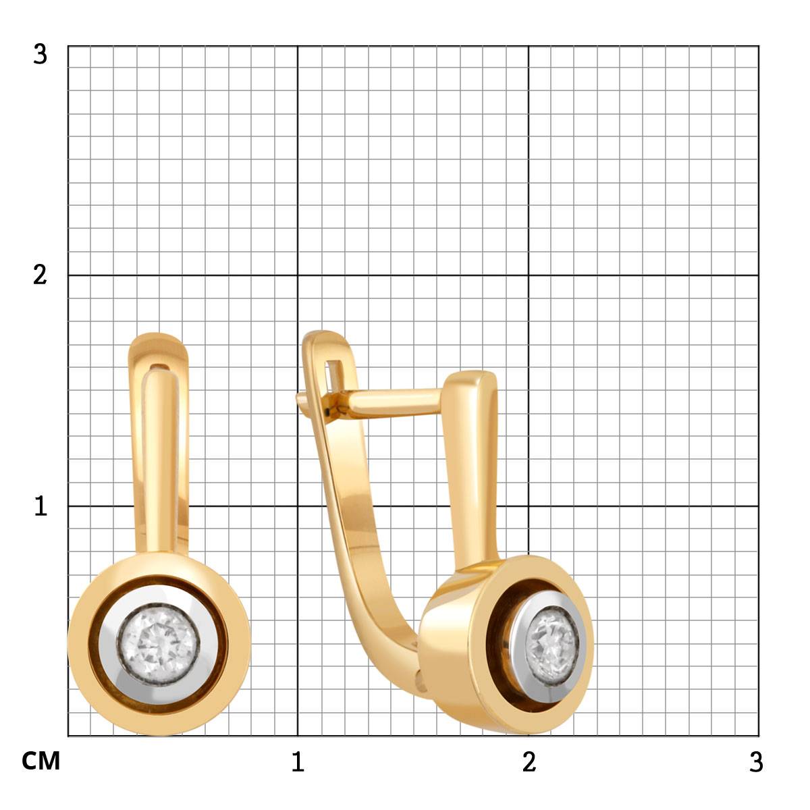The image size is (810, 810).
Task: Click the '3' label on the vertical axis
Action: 40,55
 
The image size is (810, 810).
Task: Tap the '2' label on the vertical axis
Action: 40,275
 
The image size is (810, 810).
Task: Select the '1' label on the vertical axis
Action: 40,506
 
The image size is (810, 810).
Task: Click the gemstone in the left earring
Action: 159,645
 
